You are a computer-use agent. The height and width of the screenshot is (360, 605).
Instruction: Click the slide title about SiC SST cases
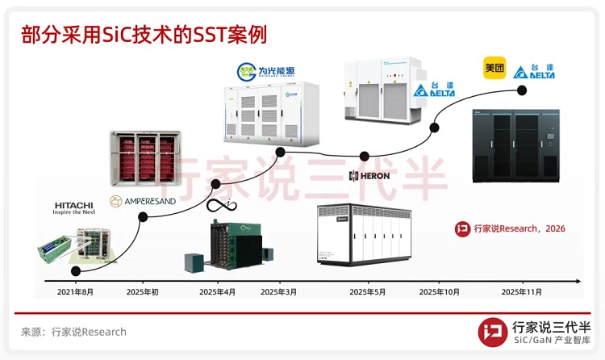pos(144,34)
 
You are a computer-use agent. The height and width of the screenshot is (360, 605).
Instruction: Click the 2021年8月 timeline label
pos(75,291)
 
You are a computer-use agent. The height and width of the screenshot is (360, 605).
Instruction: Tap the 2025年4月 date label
pos(217,291)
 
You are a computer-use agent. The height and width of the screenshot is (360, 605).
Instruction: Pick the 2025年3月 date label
pos(279,291)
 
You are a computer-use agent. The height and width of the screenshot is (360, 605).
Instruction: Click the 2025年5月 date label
pos(368,291)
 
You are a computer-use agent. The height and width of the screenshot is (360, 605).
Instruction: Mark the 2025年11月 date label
pos(522,291)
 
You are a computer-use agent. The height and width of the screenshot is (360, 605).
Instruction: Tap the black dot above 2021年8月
pos(75,271)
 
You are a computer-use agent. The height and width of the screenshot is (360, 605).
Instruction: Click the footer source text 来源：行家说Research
pos(73,332)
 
